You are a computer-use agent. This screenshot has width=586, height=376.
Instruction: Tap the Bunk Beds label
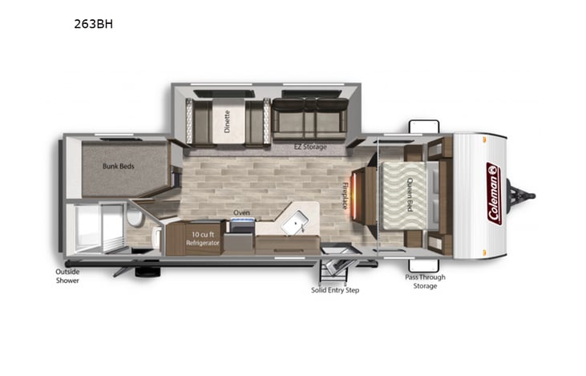118,167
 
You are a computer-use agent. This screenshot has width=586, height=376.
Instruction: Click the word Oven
241,212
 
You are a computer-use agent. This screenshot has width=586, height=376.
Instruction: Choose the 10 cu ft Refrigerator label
202,237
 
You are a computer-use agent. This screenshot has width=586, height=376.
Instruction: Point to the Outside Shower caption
67,276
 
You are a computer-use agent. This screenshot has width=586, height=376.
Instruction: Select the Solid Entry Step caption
335,289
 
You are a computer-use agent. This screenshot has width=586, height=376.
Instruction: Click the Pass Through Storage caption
425,281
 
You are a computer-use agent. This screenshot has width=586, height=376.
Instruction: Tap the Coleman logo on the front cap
493,193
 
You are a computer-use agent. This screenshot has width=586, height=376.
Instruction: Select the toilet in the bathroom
136,218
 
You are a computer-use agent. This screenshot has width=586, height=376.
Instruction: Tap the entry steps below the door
337,269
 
